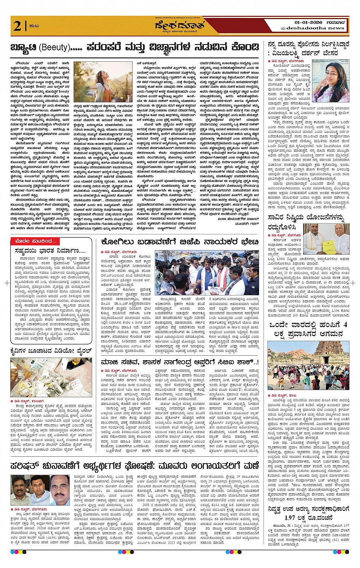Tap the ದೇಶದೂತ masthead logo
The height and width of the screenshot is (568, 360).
pyautogui.click(x=179, y=26)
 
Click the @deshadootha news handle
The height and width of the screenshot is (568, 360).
pyautogui.click(x=312, y=28)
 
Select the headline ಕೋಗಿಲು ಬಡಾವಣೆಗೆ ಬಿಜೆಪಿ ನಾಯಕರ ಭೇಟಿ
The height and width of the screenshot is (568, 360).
pyautogui.click(x=180, y=242)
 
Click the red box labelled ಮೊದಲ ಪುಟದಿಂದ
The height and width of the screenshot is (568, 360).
pyautogui.click(x=37, y=241)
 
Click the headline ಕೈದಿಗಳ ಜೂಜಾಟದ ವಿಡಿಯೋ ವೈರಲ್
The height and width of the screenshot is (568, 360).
pyautogui.click(x=51, y=351)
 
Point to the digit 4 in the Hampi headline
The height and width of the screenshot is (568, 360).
pyautogui.click(x=345, y=325)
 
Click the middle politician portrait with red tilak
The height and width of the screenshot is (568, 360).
pyautogui.click(x=39, y=490)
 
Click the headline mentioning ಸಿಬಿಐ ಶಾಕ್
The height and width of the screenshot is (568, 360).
pyautogui.click(x=180, y=362)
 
